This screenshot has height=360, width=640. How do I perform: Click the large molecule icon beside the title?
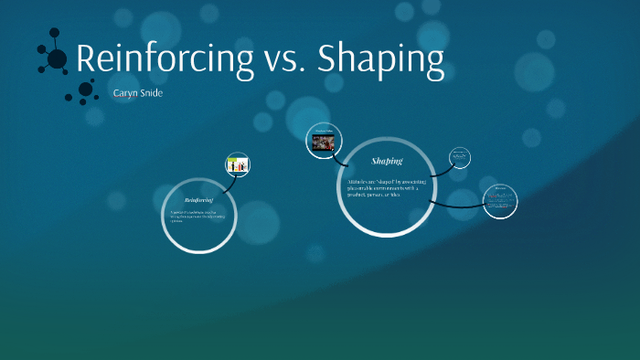pos(55,58)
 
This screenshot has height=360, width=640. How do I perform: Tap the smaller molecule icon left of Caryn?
pos(84,90)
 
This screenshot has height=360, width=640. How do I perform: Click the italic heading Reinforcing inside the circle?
pos(198,199)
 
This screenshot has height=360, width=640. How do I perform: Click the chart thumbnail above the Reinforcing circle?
pos(238,164)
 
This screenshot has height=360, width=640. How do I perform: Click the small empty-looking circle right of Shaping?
pos(460,158)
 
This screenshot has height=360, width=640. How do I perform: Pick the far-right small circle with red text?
pos(500,201)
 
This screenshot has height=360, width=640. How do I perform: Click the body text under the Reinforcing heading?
pos(197,217)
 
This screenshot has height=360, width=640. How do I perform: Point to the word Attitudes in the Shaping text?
pos(354,183)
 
